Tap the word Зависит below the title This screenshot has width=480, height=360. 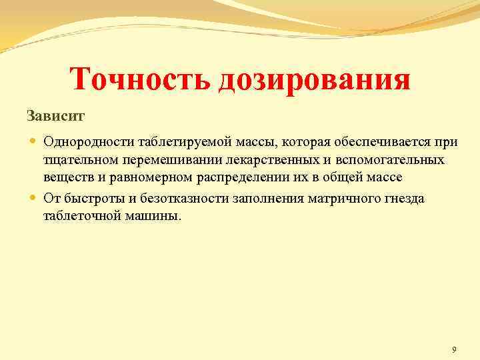[x=56, y=116]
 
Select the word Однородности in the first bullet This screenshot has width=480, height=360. [x=86, y=141]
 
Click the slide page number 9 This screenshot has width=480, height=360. [x=454, y=350]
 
